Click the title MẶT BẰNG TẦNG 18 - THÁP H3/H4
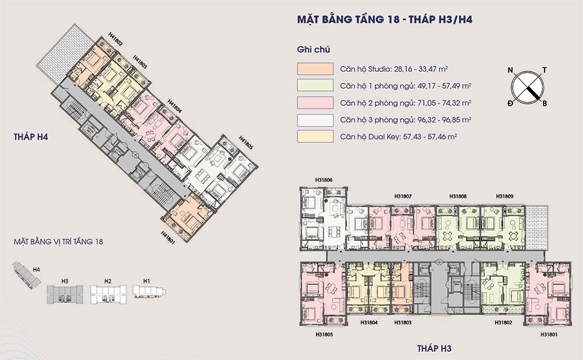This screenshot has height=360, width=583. tap(384, 19)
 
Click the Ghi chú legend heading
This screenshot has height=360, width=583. tap(314, 50)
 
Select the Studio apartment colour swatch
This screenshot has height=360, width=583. tap(315, 69)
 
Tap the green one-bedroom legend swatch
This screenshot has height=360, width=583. tap(315, 86)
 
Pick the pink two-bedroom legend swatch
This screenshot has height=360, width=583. tap(315, 102)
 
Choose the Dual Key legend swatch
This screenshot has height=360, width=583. tap(315, 137)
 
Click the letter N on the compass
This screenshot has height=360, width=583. tap(510, 71)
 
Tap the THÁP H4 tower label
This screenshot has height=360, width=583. tap(31, 137)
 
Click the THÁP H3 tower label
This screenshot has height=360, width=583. tap(434, 348)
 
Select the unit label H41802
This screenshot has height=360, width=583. tap(115, 39)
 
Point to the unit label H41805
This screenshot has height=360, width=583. tap(246, 142)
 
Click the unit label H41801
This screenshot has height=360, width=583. tap(168, 237)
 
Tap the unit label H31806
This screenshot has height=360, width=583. tap(324, 180)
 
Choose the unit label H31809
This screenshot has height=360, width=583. tap(504, 196)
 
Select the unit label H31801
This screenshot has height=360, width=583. tap(549, 334)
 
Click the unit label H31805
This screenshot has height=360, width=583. tap(324, 334)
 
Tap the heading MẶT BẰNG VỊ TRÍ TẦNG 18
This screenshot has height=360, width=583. tap(58, 242)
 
